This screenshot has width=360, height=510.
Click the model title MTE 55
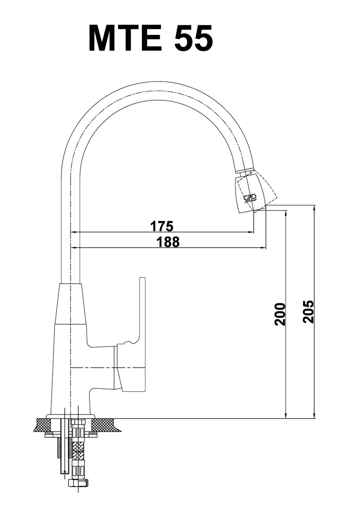point(151,38)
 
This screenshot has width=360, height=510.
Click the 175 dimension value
point(162,226)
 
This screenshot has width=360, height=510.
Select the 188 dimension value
point(168,242)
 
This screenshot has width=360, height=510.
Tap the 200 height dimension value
point(280,314)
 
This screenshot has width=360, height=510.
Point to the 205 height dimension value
point(308,312)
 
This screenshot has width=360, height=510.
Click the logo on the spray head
point(250,198)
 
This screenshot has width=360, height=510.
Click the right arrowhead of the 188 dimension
point(263,248)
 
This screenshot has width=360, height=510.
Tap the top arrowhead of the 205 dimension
point(314,209)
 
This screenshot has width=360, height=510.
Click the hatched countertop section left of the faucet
point(43,425)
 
